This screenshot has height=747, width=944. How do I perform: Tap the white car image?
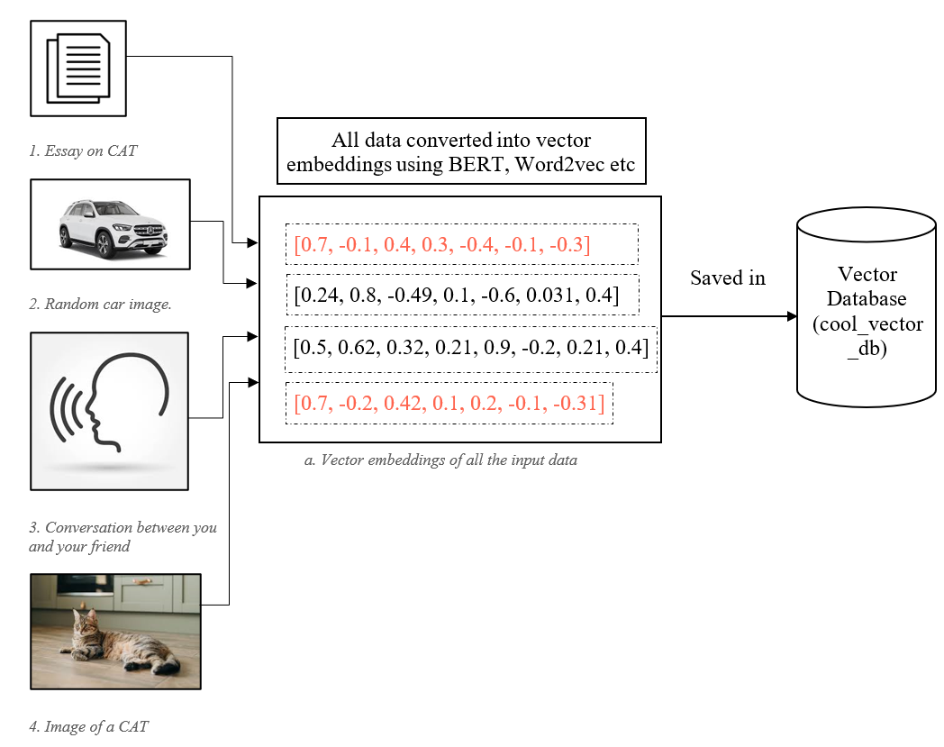coord(110,224)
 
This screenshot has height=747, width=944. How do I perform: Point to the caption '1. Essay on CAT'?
coord(83,150)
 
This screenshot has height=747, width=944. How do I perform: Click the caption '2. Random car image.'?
coord(100,305)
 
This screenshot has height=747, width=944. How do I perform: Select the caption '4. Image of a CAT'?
coord(88,726)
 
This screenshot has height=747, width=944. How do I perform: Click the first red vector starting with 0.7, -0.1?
coord(442,244)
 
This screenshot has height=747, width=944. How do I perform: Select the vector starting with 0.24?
coord(456,295)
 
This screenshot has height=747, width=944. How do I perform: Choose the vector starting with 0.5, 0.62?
coord(470,347)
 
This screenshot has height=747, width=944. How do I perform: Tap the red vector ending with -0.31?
coord(449,402)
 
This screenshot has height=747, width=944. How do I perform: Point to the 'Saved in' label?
coord(728,278)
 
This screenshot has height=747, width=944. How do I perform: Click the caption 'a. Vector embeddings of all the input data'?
coord(440,460)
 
